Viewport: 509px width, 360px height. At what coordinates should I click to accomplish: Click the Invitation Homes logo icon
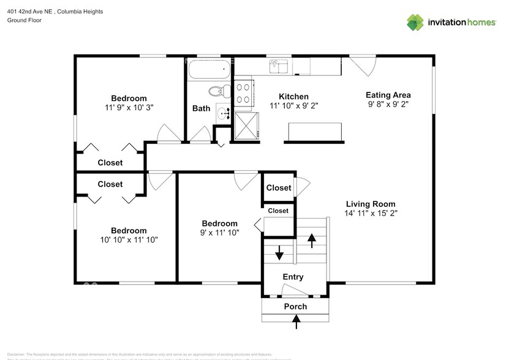coord(415,23)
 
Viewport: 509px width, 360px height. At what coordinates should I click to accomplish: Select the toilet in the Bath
coord(216,92)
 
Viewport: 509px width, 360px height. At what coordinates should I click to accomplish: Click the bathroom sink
coord(224,113)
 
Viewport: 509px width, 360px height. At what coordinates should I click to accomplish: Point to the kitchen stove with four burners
coord(243,92)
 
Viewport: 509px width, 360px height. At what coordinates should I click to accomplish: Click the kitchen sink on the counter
coord(278,65)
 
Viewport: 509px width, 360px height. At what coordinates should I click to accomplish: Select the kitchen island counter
coord(314,131)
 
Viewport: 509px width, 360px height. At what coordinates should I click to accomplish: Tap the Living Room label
coord(371,204)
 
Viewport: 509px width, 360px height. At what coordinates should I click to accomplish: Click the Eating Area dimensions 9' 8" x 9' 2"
coord(388,105)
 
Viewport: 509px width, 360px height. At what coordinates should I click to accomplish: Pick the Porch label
coord(295,306)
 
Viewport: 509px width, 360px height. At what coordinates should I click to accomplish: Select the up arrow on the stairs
coord(312,239)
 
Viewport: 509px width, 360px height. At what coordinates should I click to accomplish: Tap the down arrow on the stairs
coord(279,252)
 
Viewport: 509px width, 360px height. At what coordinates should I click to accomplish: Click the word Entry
coord(293,277)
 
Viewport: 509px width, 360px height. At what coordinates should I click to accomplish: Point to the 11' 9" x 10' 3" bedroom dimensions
coord(129,107)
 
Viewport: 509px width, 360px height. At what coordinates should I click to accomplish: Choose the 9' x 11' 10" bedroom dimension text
coord(220,233)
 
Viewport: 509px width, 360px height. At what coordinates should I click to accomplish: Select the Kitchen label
coord(293,97)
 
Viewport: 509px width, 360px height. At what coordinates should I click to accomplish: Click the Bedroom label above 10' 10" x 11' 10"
coord(129,231)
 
